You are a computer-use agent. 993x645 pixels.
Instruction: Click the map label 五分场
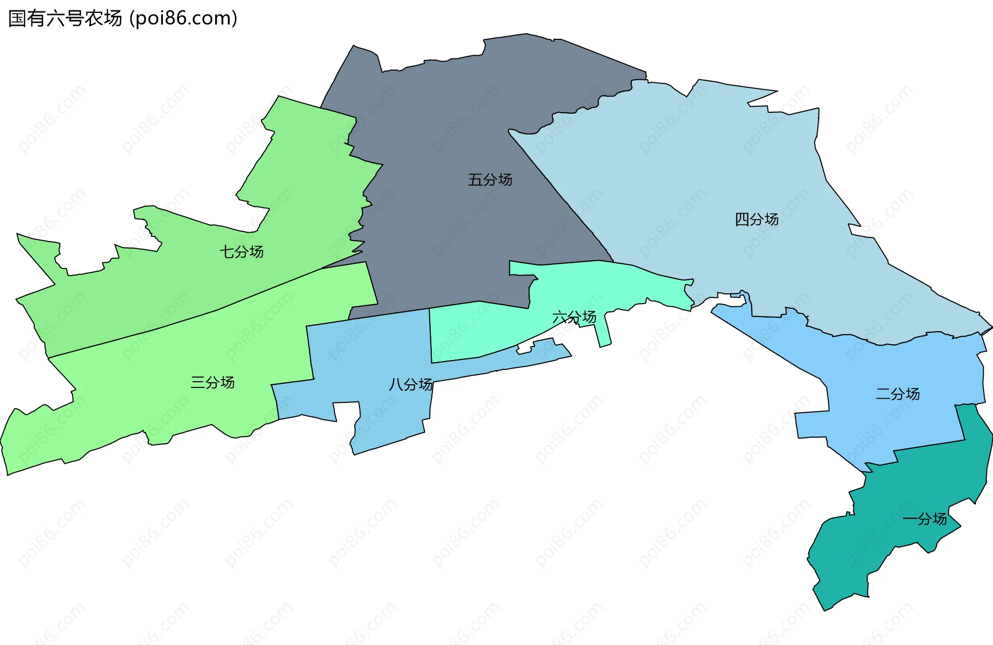coord(490,180)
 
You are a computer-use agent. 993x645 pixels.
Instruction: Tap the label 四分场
coord(757,219)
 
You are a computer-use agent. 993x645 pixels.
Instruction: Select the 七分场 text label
coord(242,252)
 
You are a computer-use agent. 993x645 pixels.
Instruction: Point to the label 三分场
coord(213,382)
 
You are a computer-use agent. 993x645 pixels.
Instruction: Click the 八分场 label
coord(411,384)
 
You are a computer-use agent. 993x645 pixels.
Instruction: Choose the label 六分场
coord(574,317)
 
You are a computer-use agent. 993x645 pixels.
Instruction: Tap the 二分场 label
coord(898,394)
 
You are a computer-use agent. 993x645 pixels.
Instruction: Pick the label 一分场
coord(925,519)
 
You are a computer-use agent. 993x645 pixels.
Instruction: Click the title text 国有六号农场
coord(65,19)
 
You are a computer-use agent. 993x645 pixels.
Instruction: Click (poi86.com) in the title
coord(184,19)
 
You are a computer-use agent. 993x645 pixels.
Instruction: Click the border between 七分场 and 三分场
coord(217,311)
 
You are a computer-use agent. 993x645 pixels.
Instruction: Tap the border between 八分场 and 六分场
coord(430,336)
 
